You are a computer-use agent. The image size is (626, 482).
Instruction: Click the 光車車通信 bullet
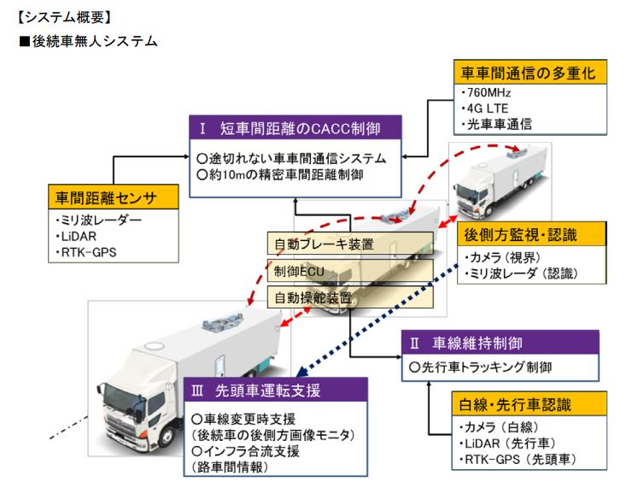495,123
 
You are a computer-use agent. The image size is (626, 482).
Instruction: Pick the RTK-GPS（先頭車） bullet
518,459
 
